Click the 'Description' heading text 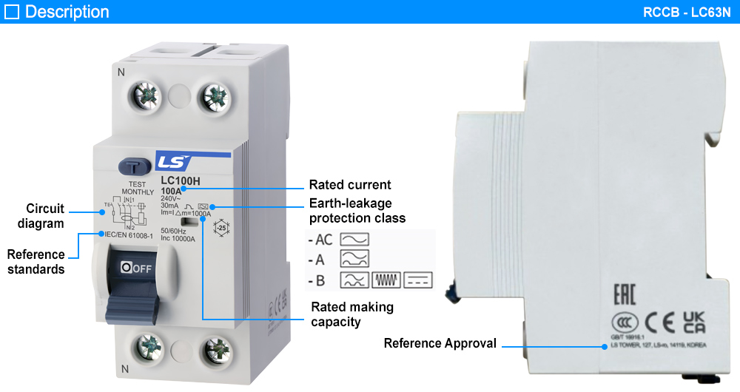67,12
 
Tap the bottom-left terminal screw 150,345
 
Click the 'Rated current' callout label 350,185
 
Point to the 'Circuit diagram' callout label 45,215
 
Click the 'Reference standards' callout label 36,262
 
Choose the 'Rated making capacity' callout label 351,314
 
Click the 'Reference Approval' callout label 440,343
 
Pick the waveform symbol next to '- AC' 354,240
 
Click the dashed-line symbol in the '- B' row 419,280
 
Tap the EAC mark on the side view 625,293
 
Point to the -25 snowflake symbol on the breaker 221,229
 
